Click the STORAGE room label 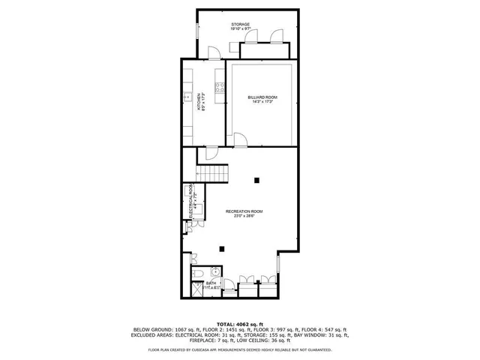coord(240,25)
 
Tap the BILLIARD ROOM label coord(262,98)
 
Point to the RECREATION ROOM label coord(244,211)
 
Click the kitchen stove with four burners coord(220,88)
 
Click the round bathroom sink coord(214,272)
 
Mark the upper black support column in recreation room coord(257,179)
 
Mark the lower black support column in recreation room coord(221,249)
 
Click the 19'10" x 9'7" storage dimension coord(240,30)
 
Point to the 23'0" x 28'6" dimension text coord(244,217)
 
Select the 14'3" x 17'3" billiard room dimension coord(262,103)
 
